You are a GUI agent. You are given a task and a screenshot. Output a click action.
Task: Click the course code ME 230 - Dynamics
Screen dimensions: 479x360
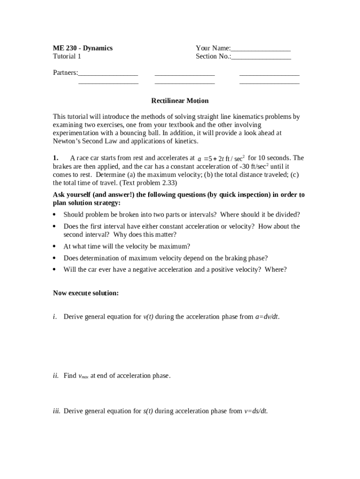(83, 48)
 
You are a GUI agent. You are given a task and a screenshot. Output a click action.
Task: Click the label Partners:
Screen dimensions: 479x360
(65, 73)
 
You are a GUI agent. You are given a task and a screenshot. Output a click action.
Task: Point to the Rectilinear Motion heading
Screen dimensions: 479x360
(180, 101)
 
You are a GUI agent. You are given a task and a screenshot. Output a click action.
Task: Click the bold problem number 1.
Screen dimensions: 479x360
(55, 158)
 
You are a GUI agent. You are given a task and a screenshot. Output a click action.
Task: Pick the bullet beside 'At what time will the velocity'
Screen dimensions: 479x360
(55, 247)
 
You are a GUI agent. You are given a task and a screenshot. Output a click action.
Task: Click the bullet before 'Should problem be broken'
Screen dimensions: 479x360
(55, 215)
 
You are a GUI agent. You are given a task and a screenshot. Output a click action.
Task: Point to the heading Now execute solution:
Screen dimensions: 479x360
(86, 293)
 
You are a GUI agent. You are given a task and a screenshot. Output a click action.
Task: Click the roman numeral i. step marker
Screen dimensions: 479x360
(55, 317)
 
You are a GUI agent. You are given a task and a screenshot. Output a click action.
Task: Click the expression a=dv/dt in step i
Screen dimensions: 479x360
(266, 317)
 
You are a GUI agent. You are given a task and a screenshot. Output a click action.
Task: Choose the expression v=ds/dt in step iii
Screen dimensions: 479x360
(256, 411)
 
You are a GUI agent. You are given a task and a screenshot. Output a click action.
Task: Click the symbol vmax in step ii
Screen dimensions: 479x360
(83, 376)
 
